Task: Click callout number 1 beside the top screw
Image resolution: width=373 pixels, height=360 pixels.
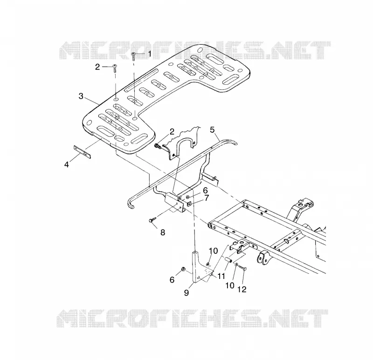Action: click(150, 54)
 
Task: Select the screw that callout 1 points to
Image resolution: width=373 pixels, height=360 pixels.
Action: click(133, 55)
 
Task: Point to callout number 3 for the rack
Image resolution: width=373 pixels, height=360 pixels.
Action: click(81, 96)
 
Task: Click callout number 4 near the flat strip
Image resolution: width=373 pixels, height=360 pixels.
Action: click(67, 164)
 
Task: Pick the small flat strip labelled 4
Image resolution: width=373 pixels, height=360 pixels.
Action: click(82, 152)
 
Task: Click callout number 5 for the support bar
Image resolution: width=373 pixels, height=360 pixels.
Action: click(212, 130)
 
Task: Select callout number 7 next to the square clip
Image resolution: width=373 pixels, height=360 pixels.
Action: click(206, 198)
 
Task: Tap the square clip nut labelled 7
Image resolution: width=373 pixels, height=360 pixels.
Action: click(189, 204)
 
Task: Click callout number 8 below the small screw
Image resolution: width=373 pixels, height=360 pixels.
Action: click(163, 232)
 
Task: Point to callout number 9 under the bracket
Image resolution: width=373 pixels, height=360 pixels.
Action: click(186, 292)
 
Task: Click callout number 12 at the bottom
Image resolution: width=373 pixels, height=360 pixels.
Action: click(242, 289)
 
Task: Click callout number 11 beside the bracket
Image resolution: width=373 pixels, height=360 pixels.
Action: click(221, 276)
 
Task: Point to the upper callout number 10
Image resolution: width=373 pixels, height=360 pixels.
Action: click(214, 251)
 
